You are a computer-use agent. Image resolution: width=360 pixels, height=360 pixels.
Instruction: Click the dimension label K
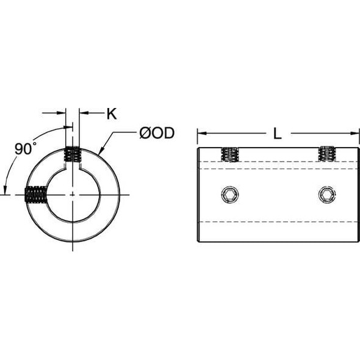(x=111, y=113)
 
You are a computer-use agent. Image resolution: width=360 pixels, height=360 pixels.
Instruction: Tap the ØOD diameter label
(x=157, y=133)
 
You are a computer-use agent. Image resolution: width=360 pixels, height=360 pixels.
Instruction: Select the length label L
(x=278, y=134)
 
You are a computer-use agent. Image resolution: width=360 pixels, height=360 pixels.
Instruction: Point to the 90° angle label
(x=25, y=148)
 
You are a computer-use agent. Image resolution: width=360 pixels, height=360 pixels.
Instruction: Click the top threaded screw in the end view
(x=73, y=155)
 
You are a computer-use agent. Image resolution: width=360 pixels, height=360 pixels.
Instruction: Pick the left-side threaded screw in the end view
(x=36, y=195)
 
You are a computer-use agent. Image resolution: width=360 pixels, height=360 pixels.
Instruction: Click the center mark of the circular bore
(x=73, y=195)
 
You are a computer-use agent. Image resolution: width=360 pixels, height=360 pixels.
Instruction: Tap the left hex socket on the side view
(x=229, y=195)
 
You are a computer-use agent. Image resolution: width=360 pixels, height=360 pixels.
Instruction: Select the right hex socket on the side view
(x=326, y=195)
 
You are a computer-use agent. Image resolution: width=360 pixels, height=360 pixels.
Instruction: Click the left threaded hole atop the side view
(x=229, y=154)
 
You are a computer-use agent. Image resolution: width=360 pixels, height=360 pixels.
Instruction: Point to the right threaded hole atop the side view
(x=326, y=154)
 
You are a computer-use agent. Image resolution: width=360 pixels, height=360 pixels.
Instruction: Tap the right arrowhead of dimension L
(x=356, y=133)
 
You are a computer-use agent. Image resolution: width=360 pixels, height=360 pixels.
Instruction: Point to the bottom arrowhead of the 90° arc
(x=5, y=190)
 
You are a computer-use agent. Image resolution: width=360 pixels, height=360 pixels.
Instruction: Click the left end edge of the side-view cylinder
(x=197, y=195)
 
